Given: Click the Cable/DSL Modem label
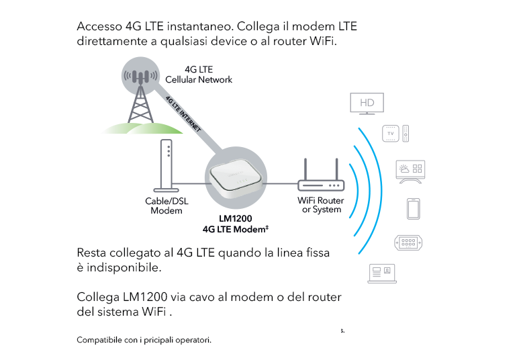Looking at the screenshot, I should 166,206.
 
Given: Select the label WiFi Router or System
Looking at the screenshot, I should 321,205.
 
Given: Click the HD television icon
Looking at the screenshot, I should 367,104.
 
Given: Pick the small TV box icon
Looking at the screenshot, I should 390,134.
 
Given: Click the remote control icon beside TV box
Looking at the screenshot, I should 406,134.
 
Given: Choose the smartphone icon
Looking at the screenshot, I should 413,209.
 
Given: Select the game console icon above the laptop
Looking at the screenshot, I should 409,242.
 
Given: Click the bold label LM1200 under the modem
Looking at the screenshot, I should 235,219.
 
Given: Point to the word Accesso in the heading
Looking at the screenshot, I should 99,27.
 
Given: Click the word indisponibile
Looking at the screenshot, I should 119,267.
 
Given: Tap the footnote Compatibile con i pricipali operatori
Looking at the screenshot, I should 144,340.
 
